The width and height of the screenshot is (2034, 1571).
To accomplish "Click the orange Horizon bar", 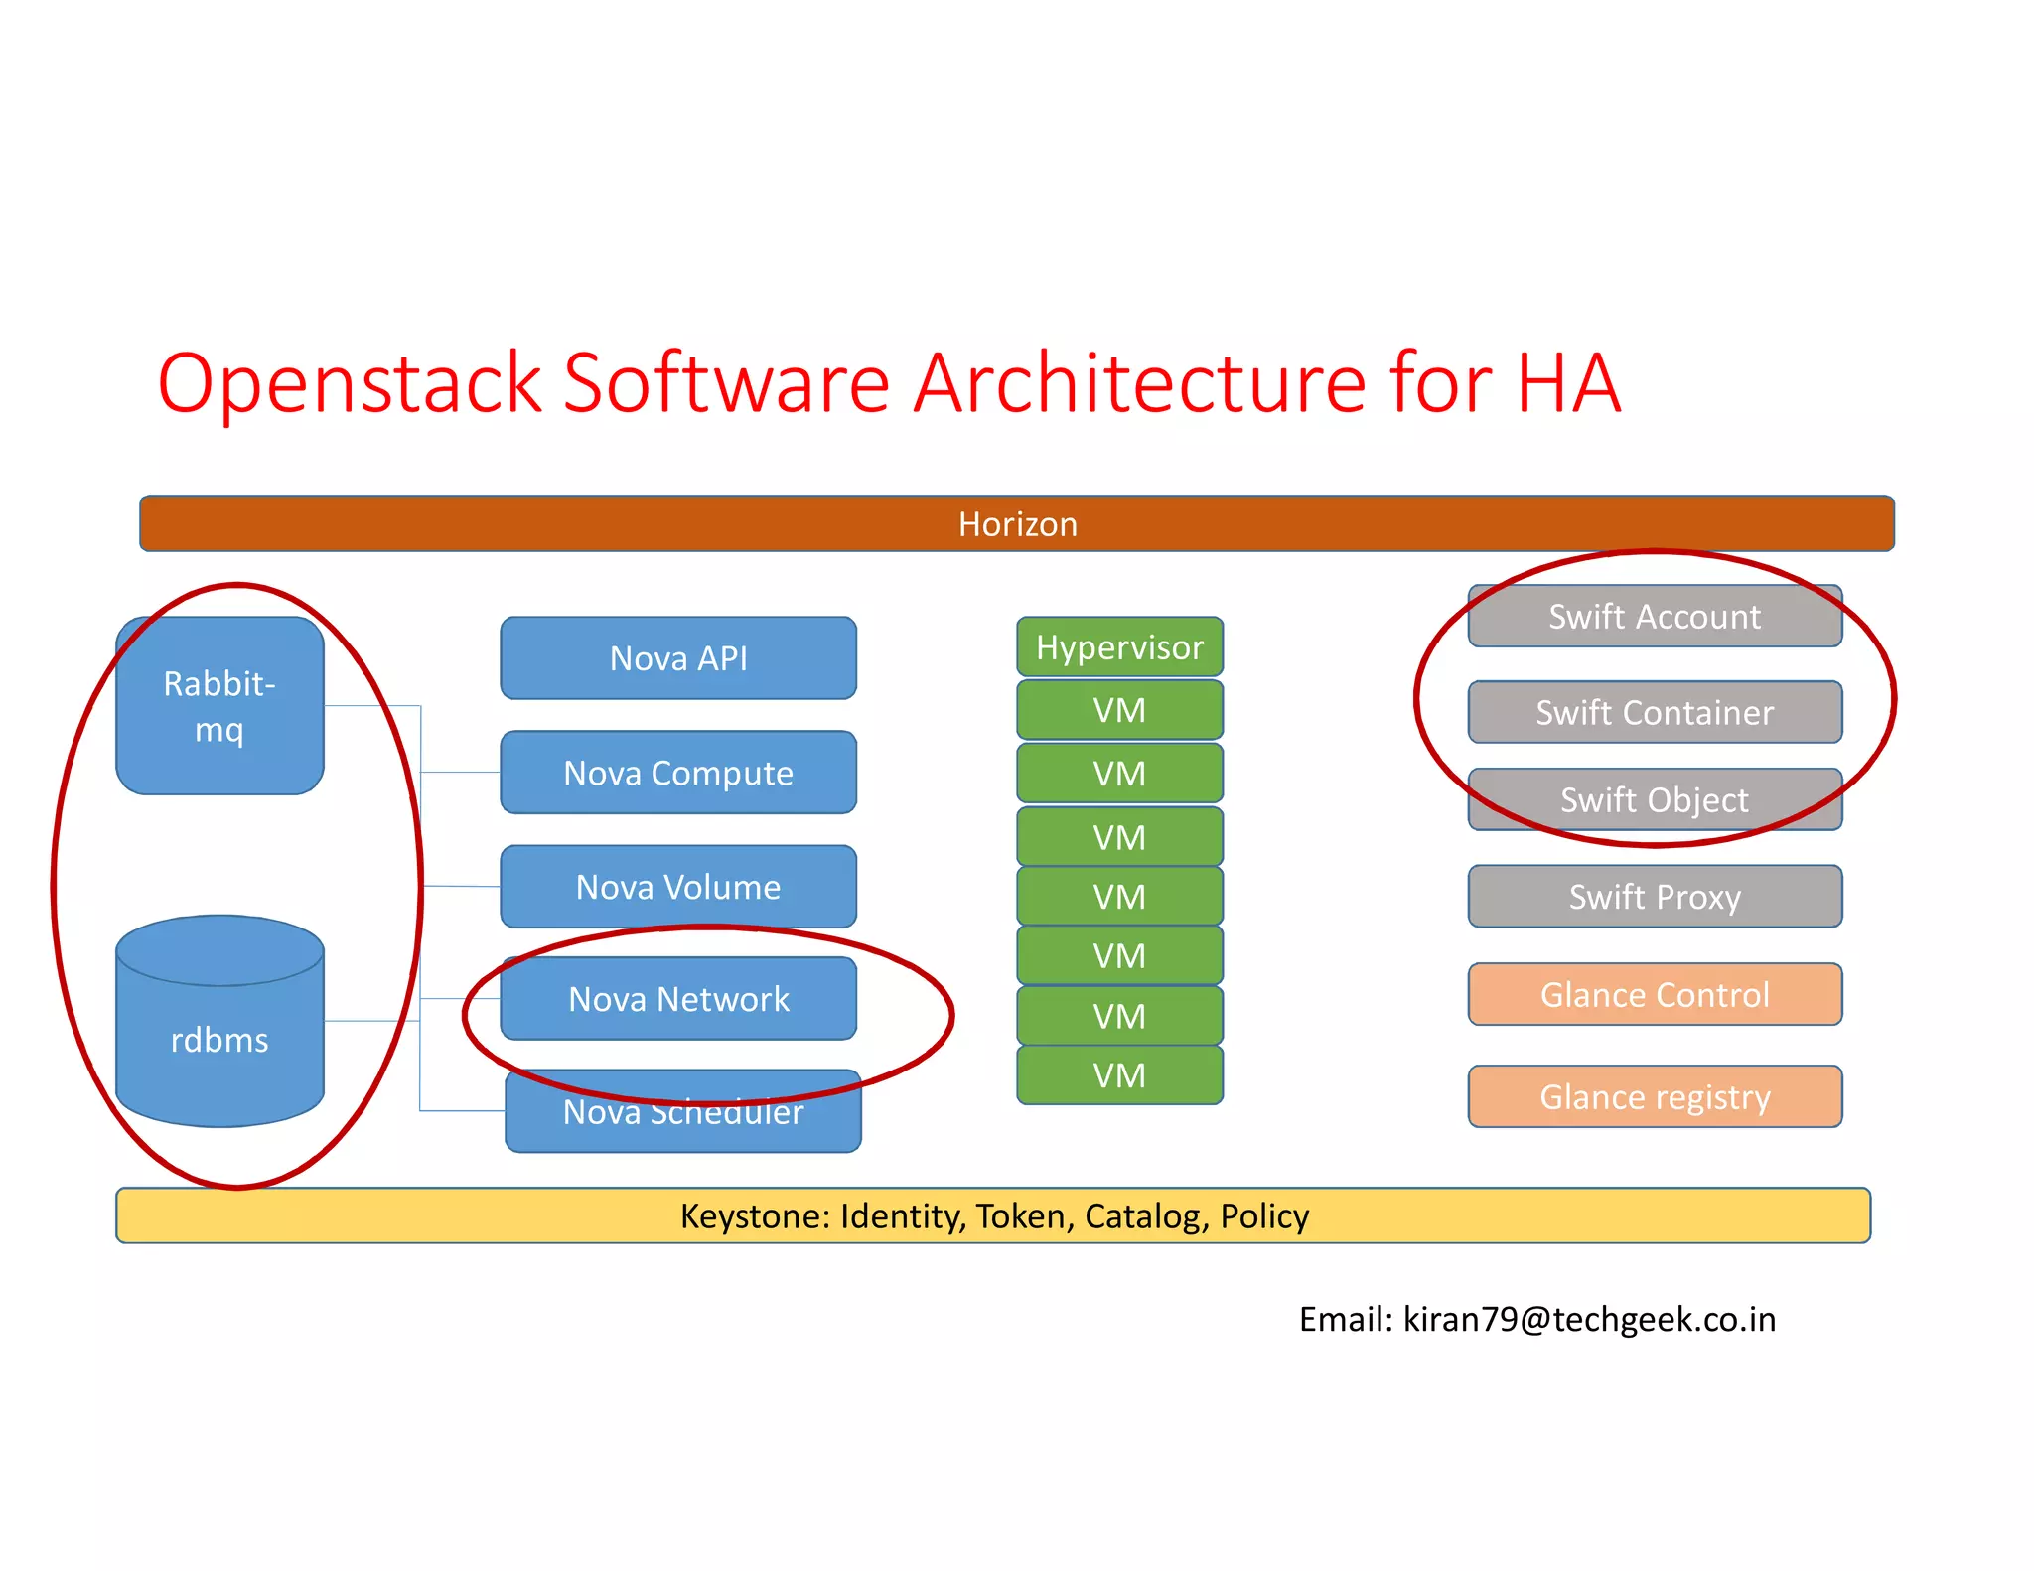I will (x=1016, y=523).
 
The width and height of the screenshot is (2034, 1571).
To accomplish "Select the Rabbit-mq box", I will (x=219, y=705).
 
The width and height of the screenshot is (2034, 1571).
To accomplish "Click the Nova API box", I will (x=678, y=658).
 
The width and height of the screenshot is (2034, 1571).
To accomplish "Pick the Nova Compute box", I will (x=678, y=773).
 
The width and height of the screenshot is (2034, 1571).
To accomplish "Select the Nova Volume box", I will (x=678, y=887).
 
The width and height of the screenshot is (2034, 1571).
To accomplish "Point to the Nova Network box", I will (x=678, y=999).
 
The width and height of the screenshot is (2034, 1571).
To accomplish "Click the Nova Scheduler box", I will (x=683, y=1117).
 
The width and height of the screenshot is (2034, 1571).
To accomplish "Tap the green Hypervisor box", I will (x=1119, y=647).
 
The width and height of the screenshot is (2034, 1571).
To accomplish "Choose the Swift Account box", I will (x=1655, y=617).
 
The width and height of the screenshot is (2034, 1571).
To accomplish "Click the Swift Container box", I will (x=1655, y=712).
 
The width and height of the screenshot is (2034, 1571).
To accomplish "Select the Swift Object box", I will (x=1655, y=799).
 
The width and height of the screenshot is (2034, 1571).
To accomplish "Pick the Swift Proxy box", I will (x=1655, y=897).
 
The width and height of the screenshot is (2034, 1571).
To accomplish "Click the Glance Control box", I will (x=1655, y=994).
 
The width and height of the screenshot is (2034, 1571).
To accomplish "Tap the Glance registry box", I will (x=1655, y=1097).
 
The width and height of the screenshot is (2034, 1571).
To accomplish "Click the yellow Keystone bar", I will (x=993, y=1215).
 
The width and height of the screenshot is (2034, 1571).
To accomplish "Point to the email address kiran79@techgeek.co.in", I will (x=1589, y=1319).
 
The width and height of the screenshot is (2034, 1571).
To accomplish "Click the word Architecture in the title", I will (x=1139, y=383).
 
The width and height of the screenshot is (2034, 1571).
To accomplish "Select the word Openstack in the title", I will (x=349, y=383).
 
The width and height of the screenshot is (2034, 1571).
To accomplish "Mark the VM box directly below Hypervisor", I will (x=1119, y=710).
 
